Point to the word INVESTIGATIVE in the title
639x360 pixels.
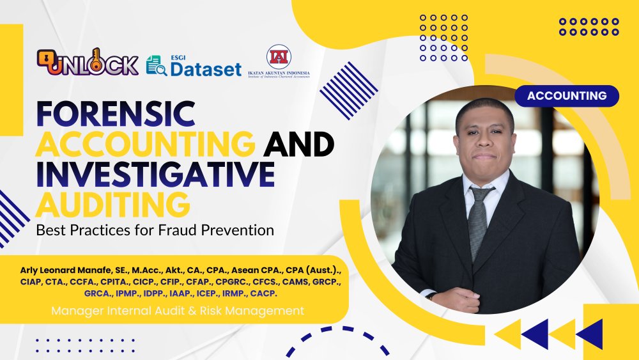coord(155,175)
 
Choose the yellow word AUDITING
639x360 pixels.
coord(112,204)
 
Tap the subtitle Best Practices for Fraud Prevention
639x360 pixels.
coord(155,230)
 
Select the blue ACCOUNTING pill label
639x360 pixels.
coord(567,96)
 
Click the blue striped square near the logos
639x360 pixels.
coord(348,91)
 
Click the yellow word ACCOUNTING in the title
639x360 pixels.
coord(144,145)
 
